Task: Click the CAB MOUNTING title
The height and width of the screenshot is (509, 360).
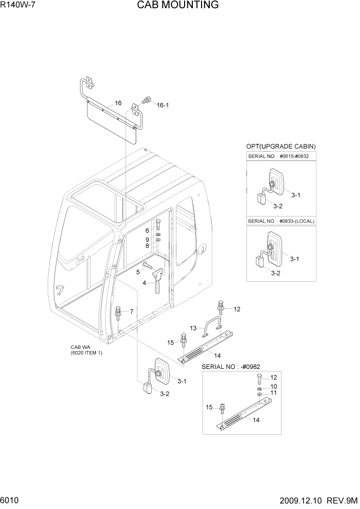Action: pyautogui.click(x=177, y=6)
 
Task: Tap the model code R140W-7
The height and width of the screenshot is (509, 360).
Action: pyautogui.click(x=18, y=6)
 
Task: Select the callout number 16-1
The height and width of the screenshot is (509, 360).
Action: pyautogui.click(x=163, y=105)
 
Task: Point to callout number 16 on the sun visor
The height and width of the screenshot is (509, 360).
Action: pyautogui.click(x=118, y=103)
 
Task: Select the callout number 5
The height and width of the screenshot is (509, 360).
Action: pyautogui.click(x=137, y=271)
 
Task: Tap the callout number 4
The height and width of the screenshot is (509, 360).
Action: pyautogui.click(x=144, y=283)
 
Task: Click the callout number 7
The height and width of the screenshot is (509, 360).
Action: pyautogui.click(x=131, y=311)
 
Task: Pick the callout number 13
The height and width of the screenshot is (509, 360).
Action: pyautogui.click(x=193, y=328)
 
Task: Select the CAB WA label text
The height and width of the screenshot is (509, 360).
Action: pyautogui.click(x=81, y=347)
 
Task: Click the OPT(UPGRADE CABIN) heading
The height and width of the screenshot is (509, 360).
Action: pyautogui.click(x=281, y=146)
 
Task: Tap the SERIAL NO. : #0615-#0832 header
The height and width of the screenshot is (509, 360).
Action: pyautogui.click(x=281, y=156)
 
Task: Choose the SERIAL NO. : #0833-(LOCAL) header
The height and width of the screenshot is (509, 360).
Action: pyautogui.click(x=281, y=221)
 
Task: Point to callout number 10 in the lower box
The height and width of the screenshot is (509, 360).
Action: pyautogui.click(x=273, y=386)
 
